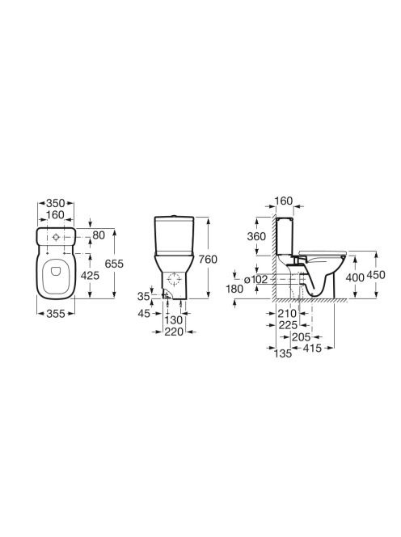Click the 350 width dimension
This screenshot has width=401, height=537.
click(56, 203)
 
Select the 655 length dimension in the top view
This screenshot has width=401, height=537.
click(114, 264)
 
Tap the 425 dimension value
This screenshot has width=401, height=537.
click(90, 275)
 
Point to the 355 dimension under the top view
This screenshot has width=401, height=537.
click(56, 313)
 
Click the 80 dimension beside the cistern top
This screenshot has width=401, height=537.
click(99, 235)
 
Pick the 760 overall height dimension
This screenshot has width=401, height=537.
click(209, 260)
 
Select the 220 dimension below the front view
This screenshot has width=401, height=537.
click(174, 332)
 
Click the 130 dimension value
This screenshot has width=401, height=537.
click(174, 320)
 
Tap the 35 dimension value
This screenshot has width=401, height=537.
click(143, 296)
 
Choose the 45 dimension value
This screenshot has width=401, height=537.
click(144, 313)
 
